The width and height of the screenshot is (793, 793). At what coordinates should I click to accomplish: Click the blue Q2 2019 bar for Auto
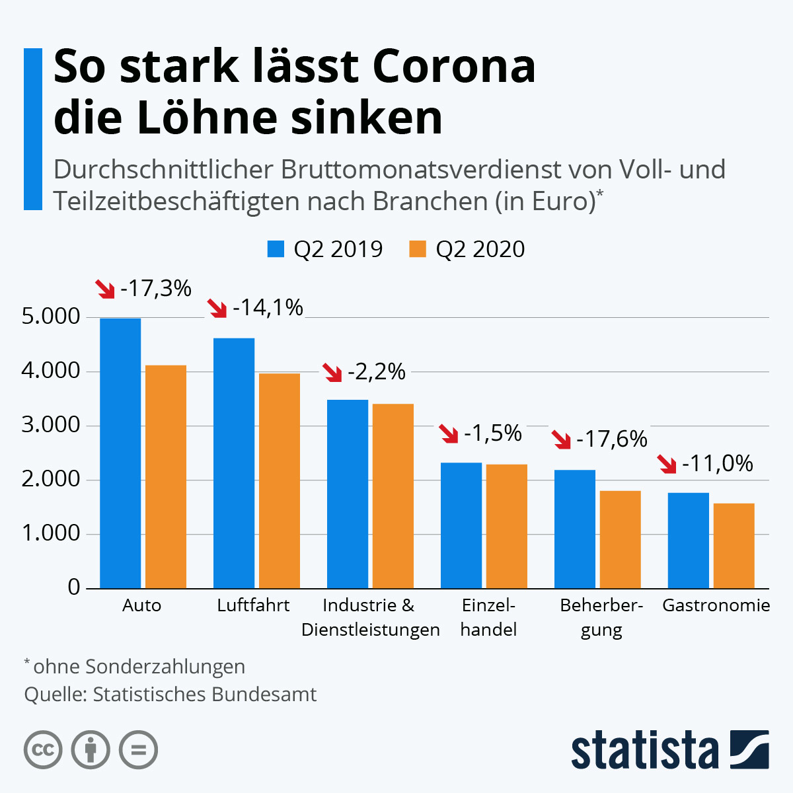coord(120,453)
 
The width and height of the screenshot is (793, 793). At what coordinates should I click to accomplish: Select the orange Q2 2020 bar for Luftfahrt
coord(280,481)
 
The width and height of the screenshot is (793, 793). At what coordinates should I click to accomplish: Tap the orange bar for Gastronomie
coord(734,546)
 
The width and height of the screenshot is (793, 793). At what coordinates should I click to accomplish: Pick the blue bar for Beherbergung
coord(575,529)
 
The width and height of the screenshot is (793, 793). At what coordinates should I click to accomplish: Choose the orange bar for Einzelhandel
coord(507,526)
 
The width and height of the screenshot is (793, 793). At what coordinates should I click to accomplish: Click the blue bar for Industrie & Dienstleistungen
coord(348,494)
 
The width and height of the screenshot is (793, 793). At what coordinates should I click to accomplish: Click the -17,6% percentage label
coord(612,439)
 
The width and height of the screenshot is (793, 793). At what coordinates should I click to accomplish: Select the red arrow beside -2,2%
coord(332,373)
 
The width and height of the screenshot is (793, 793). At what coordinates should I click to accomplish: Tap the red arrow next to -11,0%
coord(667,464)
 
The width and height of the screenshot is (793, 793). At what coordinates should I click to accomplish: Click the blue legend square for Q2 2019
coord(276,249)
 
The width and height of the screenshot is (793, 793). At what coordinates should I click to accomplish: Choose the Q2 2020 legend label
coord(480,249)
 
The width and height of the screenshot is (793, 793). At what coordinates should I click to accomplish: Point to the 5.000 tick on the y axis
coord(51,317)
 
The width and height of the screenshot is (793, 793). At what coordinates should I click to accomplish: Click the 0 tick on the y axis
coord(74,587)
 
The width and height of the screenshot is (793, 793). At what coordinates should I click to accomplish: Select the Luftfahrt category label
coord(253,605)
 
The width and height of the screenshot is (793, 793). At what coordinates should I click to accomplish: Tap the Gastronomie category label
coord(716,605)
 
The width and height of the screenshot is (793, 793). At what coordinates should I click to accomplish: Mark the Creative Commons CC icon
coord(43,750)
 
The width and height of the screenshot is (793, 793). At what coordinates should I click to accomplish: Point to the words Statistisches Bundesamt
coord(205,695)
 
